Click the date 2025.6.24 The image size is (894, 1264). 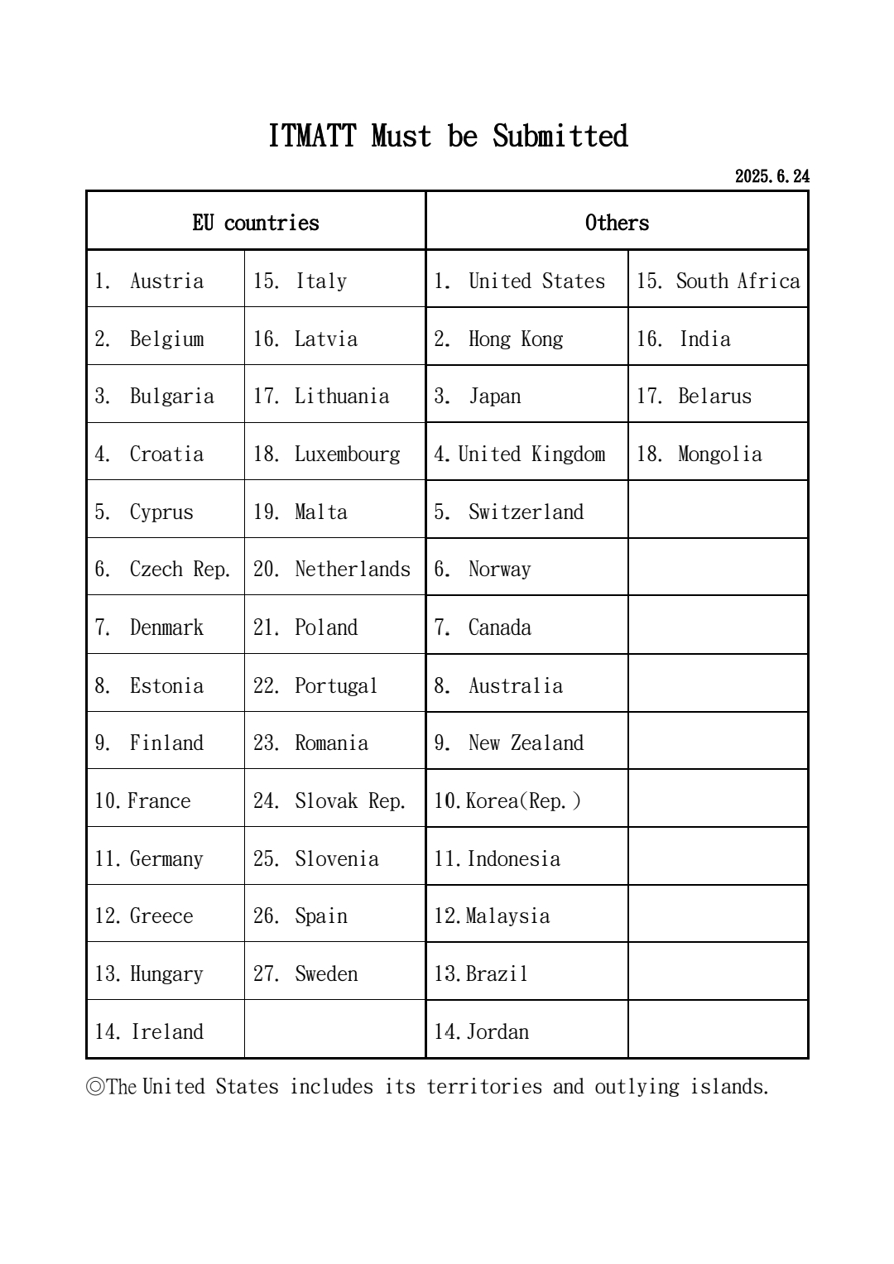point(771,176)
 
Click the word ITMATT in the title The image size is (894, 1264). point(312,137)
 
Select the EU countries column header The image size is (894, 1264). point(256,223)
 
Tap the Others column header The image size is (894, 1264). point(617,223)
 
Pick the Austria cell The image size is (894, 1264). point(166,281)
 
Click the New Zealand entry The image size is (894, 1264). point(526,743)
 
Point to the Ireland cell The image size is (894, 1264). point(166,1032)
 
